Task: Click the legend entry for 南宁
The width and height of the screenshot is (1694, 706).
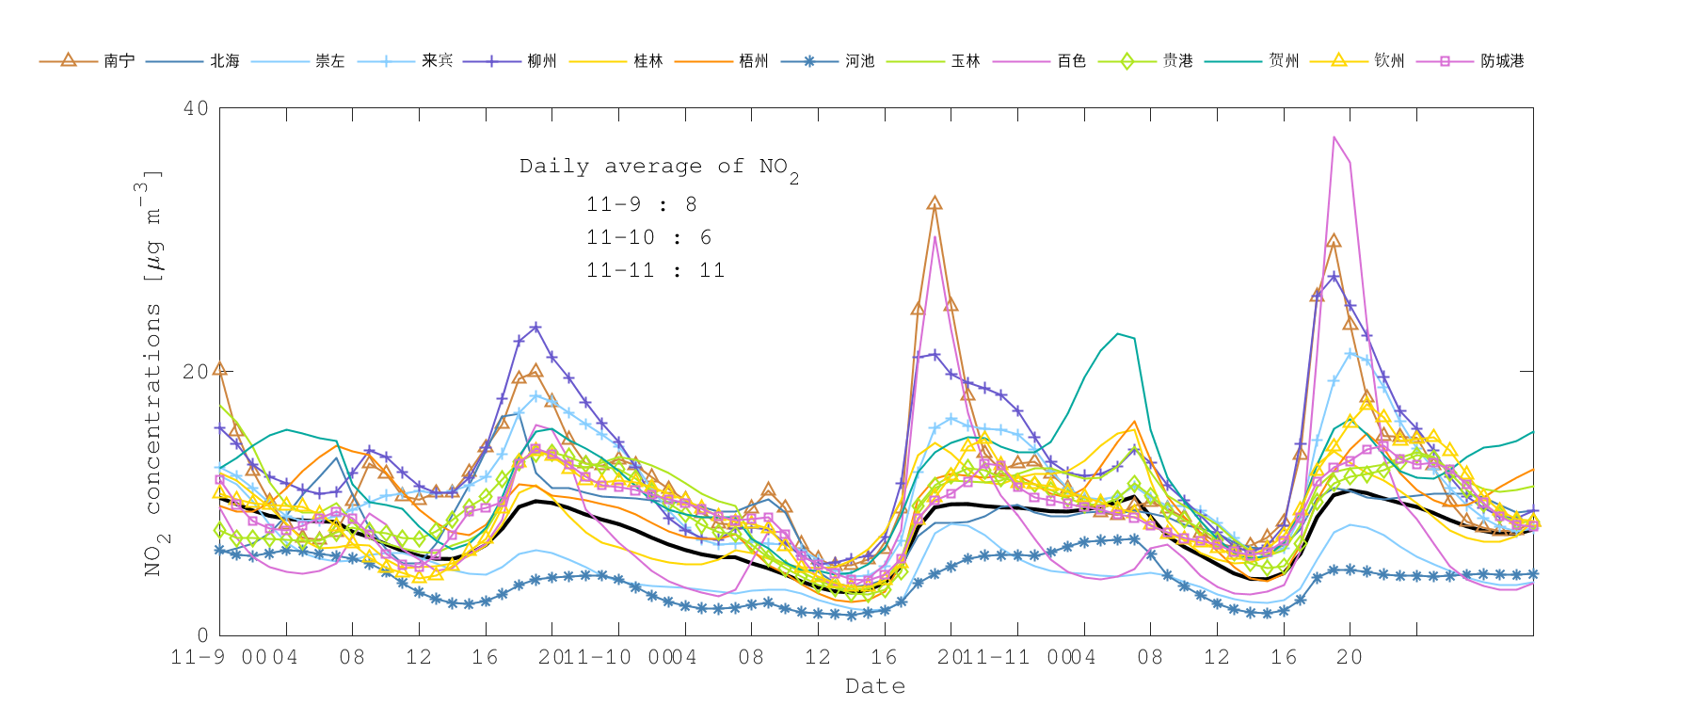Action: pos(119,61)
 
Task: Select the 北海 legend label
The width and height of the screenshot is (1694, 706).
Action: pos(224,61)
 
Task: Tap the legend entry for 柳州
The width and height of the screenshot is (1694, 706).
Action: pos(541,61)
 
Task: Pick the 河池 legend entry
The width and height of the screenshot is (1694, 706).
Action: pos(859,61)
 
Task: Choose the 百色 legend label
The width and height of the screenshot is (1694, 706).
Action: pos(1071,61)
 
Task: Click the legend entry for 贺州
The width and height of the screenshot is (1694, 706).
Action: pos(1283,61)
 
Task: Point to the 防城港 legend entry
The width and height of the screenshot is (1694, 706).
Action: pos(1501,61)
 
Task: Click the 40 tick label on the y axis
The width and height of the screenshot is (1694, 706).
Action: pos(196,108)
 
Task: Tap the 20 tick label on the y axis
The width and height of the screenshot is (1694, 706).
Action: pos(196,372)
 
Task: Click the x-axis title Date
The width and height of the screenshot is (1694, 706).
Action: pos(875,686)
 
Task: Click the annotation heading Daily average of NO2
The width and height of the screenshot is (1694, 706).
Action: pos(659,168)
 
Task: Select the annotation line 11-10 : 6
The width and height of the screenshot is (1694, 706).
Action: pos(648,237)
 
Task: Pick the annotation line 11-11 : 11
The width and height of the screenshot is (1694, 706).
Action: pos(655,270)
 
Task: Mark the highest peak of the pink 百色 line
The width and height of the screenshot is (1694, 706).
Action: pos(1334,137)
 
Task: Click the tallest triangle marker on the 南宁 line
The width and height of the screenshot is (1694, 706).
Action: pos(935,203)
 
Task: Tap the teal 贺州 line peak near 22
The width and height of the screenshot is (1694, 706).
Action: pos(1117,333)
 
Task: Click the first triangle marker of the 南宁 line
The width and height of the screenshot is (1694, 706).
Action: pos(220,369)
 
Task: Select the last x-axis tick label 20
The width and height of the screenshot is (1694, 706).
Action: pos(1350,657)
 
